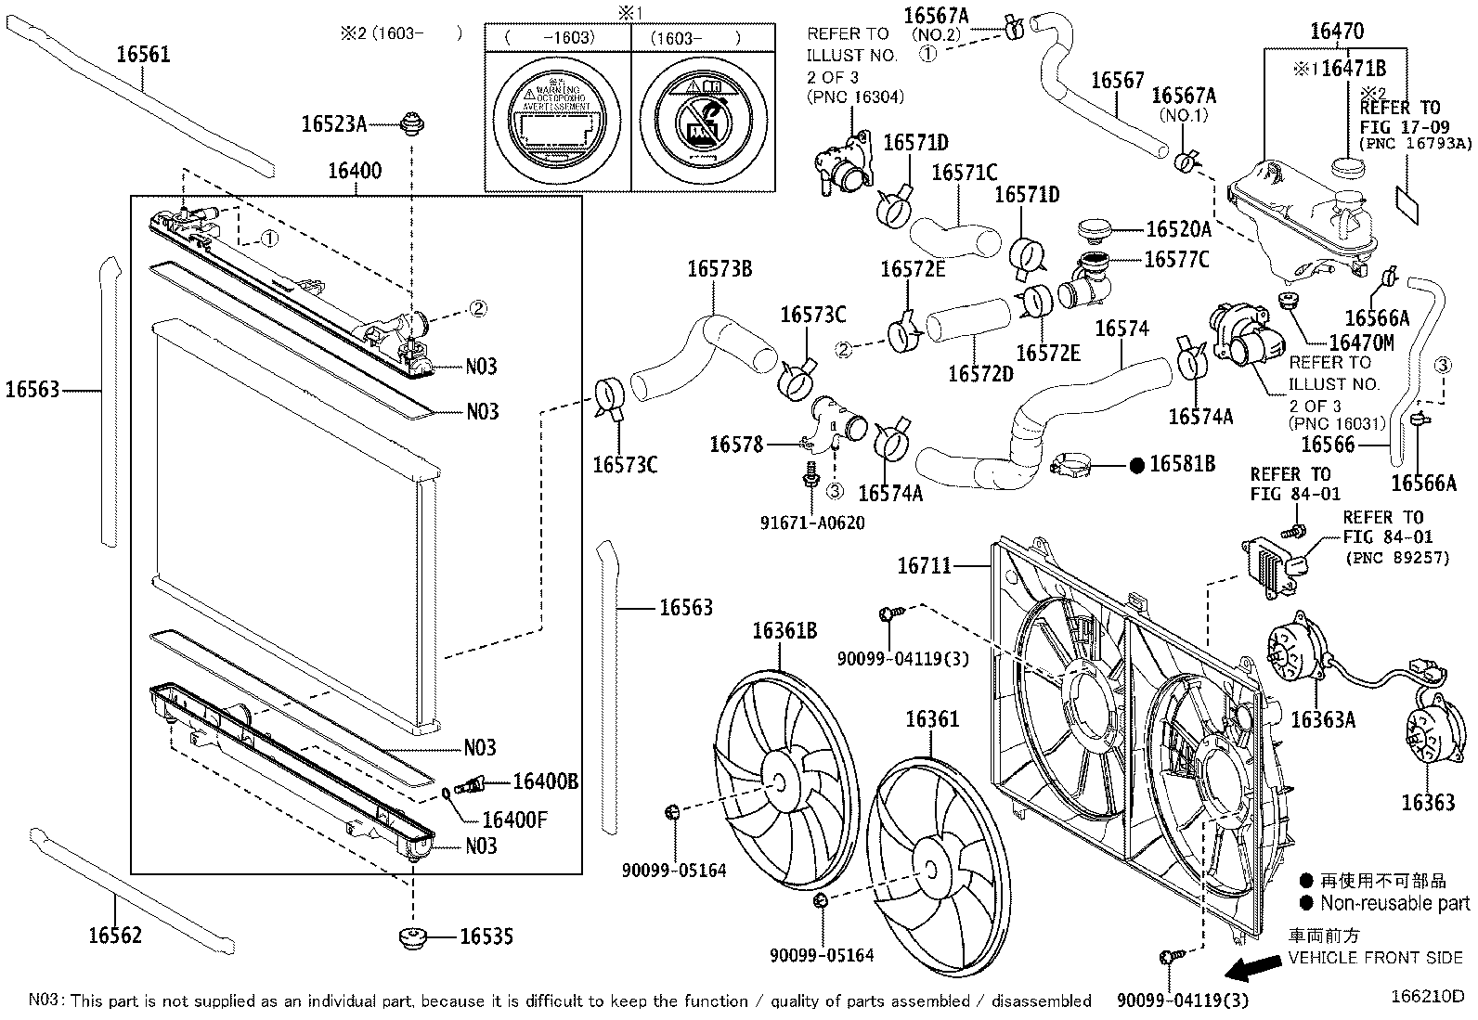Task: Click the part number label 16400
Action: tap(354, 171)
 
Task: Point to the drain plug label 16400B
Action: tap(546, 781)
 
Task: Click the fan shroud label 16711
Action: tap(924, 564)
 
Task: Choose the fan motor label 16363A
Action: tap(1323, 718)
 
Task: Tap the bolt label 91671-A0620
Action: tap(812, 523)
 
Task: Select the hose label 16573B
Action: tap(720, 269)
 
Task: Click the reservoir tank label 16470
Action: tap(1337, 31)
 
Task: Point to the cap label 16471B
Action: tap(1354, 68)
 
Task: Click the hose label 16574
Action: tap(1121, 329)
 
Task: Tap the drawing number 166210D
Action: tap(1427, 996)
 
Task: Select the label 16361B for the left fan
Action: tap(784, 631)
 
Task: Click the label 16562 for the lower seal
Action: tap(115, 935)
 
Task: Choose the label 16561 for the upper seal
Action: tap(143, 54)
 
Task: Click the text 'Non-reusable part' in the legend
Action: tap(1394, 902)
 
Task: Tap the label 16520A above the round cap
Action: tap(1178, 229)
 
